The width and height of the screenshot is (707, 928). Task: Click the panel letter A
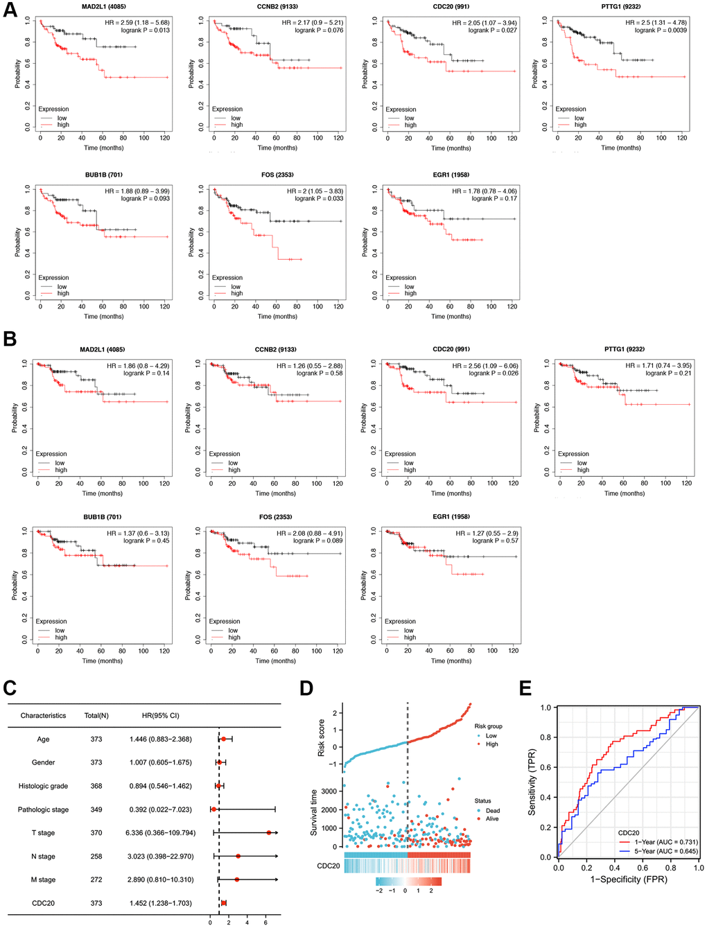pyautogui.click(x=10, y=12)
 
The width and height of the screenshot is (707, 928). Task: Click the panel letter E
pyautogui.click(x=525, y=688)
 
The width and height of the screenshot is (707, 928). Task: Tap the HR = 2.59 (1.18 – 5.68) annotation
pyautogui.click(x=135, y=23)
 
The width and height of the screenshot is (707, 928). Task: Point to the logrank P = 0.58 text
pyautogui.click(x=320, y=374)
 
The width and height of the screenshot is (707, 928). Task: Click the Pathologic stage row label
pyautogui.click(x=43, y=809)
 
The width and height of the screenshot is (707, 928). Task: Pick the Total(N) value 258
pyautogui.click(x=96, y=857)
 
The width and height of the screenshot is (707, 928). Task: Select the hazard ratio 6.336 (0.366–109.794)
pyautogui.click(x=160, y=833)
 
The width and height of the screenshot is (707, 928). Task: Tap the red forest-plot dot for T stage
pyautogui.click(x=269, y=832)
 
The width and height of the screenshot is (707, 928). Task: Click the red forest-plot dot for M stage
pyautogui.click(x=237, y=879)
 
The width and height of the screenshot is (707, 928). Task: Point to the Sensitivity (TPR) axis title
pyautogui.click(x=532, y=782)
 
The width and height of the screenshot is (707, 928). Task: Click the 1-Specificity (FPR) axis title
pyautogui.click(x=628, y=879)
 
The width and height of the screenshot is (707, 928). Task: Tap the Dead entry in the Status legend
pyautogui.click(x=492, y=810)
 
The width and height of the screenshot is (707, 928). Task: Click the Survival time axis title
pyautogui.click(x=313, y=812)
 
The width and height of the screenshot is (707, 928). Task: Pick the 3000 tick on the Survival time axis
pyautogui.click(x=329, y=791)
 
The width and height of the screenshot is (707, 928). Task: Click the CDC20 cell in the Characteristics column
pyautogui.click(x=43, y=903)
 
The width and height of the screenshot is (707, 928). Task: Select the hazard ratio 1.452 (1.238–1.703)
pyautogui.click(x=160, y=903)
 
